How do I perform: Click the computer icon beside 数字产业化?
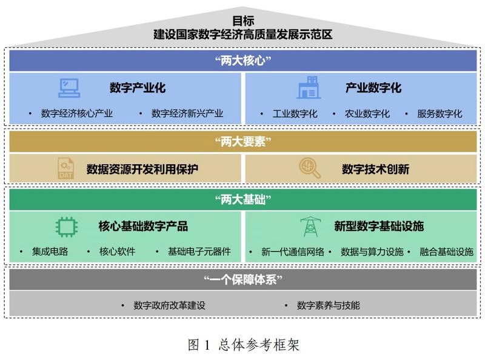pyautogui.click(x=69, y=88)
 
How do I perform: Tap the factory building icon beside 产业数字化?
pyautogui.click(x=309, y=88)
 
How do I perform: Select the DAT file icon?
pyautogui.click(x=66, y=168)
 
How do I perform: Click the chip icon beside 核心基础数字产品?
pyautogui.click(x=67, y=227)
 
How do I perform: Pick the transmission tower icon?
pyautogui.click(x=309, y=227)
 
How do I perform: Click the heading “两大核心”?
pyautogui.click(x=242, y=61)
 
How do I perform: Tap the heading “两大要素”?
pyautogui.click(x=242, y=142)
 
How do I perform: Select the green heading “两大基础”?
pyautogui.click(x=242, y=199)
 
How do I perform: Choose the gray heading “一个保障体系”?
pyautogui.click(x=242, y=279)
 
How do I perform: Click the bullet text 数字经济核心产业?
pyautogui.click(x=77, y=113)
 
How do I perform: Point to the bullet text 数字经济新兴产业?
pyautogui.click(x=187, y=113)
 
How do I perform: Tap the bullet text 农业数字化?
pyautogui.click(x=367, y=113)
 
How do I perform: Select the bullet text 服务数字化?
pyautogui.click(x=440, y=113)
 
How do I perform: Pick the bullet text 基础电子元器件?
pyautogui.click(x=199, y=252)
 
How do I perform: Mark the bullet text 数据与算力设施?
pyautogui.click(x=372, y=252)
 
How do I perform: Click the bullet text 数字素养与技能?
pyautogui.click(x=329, y=305)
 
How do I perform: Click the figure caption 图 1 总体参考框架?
pyautogui.click(x=243, y=345)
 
